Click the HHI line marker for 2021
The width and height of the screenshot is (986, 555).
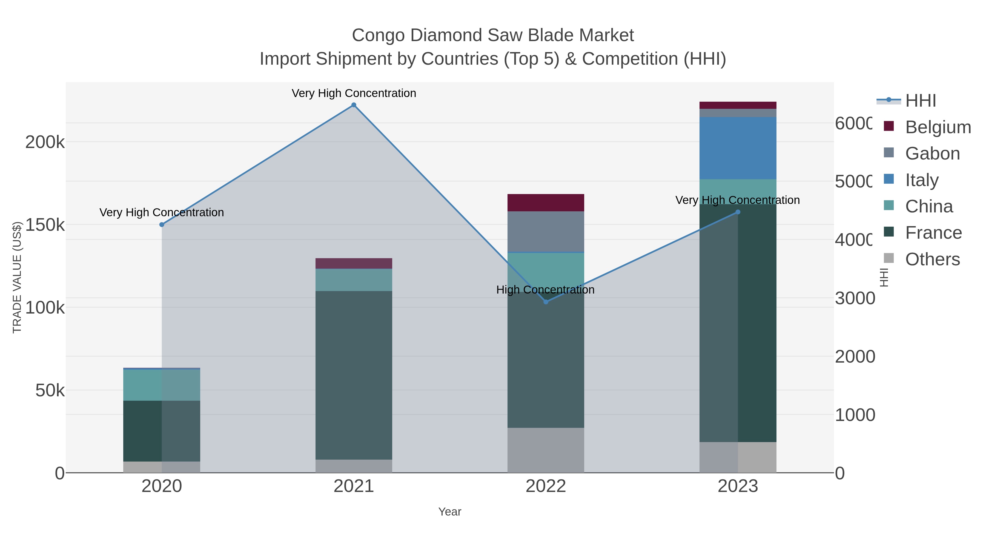(x=354, y=105)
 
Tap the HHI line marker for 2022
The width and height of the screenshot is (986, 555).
(x=546, y=302)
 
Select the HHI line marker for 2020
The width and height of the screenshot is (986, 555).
(x=162, y=225)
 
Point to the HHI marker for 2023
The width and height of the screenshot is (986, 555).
(x=738, y=212)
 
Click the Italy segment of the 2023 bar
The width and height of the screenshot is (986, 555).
(x=738, y=148)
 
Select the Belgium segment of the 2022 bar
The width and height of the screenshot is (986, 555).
(x=546, y=203)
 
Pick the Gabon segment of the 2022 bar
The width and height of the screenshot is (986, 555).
(x=546, y=231)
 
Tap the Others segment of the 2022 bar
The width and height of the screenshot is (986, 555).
(x=546, y=450)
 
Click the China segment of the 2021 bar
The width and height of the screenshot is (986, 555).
(x=354, y=280)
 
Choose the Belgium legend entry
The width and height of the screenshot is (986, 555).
(x=938, y=127)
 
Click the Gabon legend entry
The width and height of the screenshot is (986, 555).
(x=932, y=153)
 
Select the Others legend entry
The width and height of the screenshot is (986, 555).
(x=932, y=259)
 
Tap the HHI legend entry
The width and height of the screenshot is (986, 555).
(x=921, y=100)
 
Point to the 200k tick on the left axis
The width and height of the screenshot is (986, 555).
(x=45, y=142)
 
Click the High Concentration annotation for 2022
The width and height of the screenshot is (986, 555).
(x=545, y=290)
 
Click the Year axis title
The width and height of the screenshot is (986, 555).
(x=450, y=512)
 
